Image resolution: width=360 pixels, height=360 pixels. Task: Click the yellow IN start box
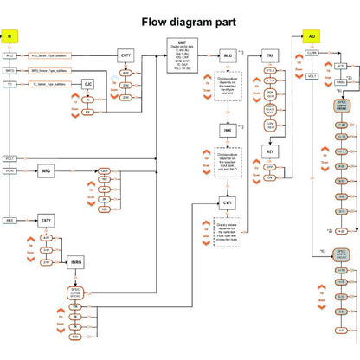10,36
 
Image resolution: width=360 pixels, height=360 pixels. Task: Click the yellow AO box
312,36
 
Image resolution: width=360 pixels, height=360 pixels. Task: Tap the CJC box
87,84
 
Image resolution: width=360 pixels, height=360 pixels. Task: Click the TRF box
270,55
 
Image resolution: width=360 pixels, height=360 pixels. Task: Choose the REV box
270,151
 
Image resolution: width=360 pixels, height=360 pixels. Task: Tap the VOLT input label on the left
10,159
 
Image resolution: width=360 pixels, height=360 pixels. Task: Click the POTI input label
10,171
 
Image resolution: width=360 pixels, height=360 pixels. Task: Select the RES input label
10,221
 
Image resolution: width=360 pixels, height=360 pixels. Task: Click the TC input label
10,84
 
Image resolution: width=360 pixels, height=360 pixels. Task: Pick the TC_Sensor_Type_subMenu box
48,84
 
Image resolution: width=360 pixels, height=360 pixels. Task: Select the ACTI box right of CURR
340,66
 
